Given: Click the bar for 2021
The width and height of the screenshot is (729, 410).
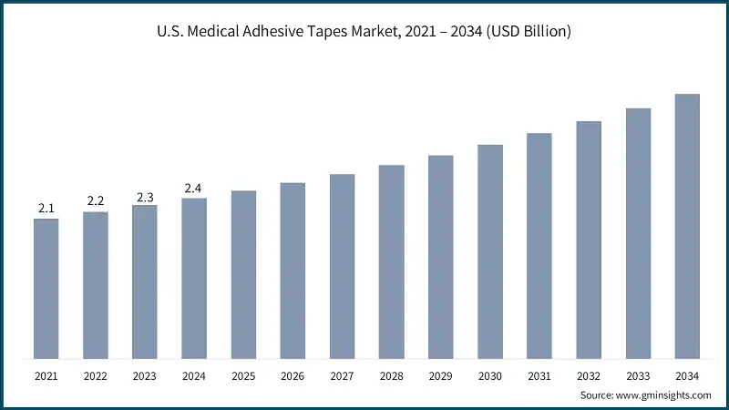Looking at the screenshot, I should coord(46,289).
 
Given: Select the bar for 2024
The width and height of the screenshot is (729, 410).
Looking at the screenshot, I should coord(194,278).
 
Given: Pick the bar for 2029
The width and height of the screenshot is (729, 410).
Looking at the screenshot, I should coord(441,257).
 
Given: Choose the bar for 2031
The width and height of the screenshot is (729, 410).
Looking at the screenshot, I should coord(539,246).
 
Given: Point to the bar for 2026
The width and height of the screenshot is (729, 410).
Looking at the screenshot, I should coord(293,271).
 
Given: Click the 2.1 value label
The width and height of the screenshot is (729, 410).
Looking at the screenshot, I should coord(46,209).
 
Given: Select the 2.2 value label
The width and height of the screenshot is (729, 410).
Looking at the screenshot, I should coord(96,200).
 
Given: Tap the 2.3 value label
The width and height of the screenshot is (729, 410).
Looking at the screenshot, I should coord(145,196).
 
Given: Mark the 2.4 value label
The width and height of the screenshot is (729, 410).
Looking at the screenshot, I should coord(194,189).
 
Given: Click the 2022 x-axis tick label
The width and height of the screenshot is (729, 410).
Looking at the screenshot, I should coord(96,375).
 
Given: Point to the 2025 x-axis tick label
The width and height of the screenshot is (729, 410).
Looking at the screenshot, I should coord(243,375).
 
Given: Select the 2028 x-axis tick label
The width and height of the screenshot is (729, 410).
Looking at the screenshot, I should coord(391,375).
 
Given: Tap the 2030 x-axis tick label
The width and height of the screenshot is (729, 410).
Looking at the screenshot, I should coord(490,375).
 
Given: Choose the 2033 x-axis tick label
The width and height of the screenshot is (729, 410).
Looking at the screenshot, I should coord(638,375).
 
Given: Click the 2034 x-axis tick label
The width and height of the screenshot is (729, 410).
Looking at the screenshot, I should coord(687,375).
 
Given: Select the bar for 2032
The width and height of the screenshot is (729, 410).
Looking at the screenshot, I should coord(589,240).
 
